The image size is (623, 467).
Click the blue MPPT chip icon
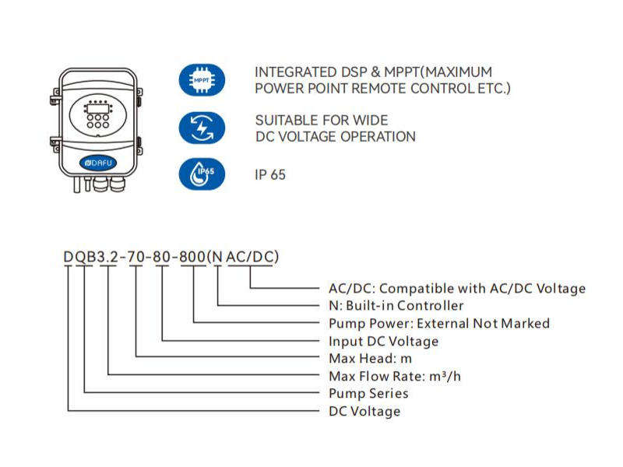[202, 80]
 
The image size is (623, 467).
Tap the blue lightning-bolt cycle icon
[202, 128]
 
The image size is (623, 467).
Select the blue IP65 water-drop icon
[202, 174]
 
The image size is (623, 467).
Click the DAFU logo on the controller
[98, 163]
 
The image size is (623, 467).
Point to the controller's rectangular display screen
[98, 108]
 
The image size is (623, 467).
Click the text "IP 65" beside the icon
[270, 174]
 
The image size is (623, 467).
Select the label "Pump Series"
[368, 393]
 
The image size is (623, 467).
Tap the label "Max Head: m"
[370, 358]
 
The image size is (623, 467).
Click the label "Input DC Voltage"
[383, 341]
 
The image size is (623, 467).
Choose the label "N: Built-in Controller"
[396, 305]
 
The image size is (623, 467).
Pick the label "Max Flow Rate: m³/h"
[395, 376]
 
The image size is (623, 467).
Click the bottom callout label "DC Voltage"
[364, 411]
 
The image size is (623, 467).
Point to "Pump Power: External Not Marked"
[439, 323]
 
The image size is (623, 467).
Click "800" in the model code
[192, 257]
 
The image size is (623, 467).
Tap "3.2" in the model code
[107, 257]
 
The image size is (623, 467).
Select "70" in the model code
[136, 257]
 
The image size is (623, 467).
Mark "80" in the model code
[162, 257]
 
